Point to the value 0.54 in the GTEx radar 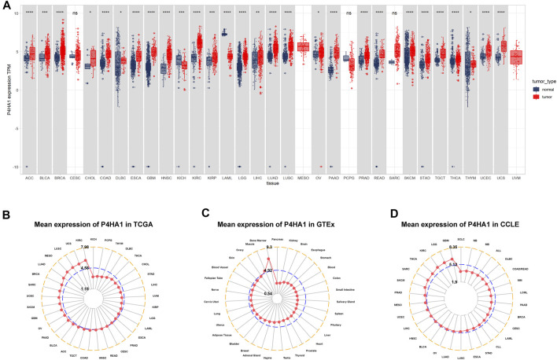pos(267,293)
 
